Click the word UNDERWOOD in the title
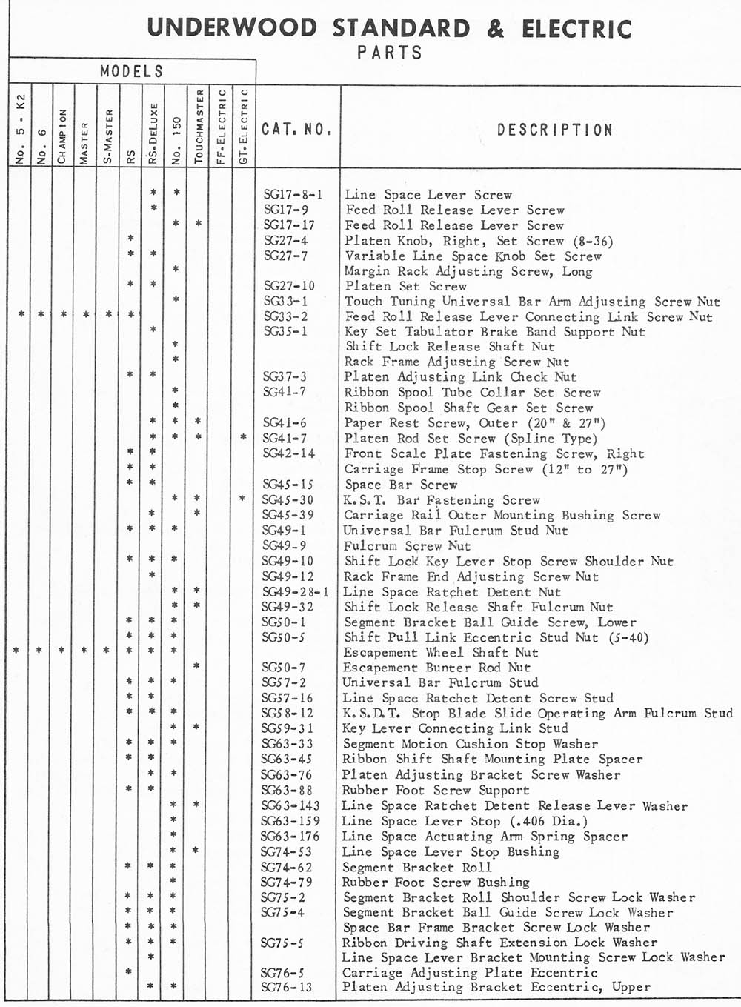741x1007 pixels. click(232, 28)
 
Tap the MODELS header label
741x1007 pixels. click(131, 72)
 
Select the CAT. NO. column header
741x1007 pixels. click(296, 130)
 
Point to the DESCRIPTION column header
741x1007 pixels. click(554, 130)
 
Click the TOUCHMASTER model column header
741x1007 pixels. click(199, 127)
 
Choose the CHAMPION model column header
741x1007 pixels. click(64, 136)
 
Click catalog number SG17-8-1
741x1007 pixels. click(293, 195)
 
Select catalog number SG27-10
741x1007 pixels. click(289, 286)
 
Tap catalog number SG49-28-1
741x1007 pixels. click(295, 592)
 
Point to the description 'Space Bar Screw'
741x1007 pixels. click(400, 485)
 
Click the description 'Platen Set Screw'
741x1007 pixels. click(405, 286)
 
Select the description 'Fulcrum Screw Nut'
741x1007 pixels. click(407, 546)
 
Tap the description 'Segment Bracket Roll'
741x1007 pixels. click(416, 867)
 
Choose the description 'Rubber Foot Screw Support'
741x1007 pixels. click(435, 791)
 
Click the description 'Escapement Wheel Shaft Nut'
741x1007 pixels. click(440, 653)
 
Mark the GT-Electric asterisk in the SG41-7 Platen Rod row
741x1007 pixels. click(243, 438)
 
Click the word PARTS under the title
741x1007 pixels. click(389, 53)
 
